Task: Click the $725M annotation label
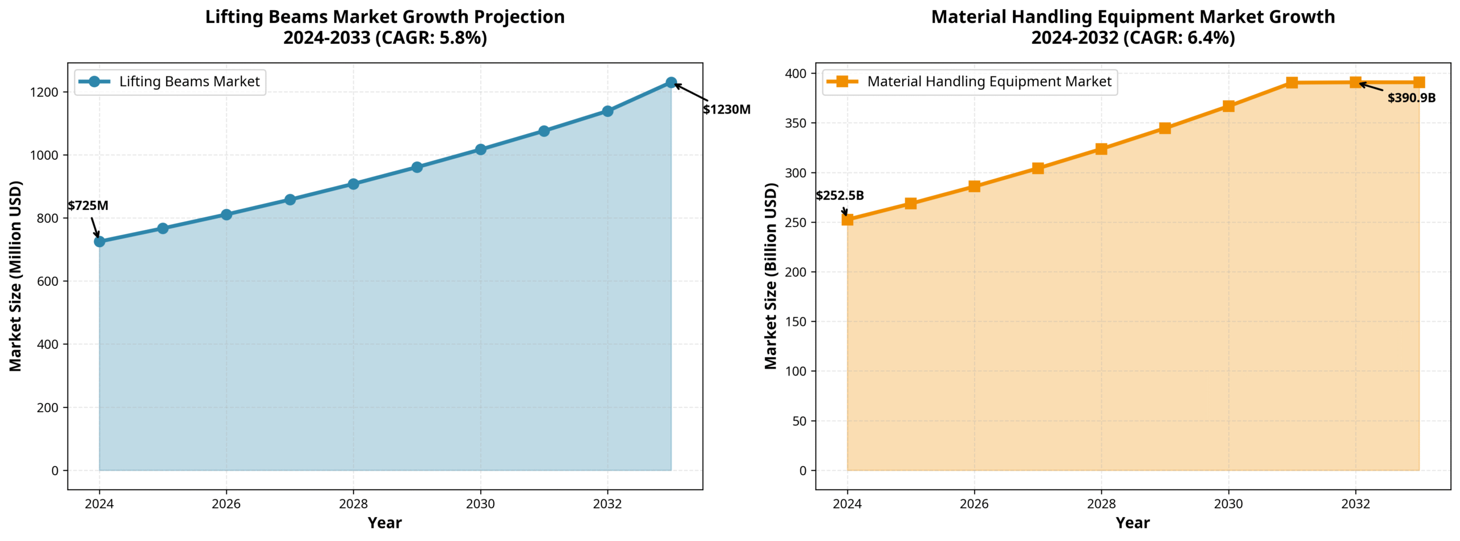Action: coord(88,205)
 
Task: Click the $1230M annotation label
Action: coord(726,110)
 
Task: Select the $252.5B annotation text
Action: coord(839,196)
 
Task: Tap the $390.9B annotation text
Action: coord(1411,98)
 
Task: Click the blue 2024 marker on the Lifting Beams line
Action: coord(99,241)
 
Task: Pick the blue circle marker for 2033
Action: coord(671,83)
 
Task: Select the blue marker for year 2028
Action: coord(353,184)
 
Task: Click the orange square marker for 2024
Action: coord(847,220)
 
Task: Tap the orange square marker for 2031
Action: coord(1292,83)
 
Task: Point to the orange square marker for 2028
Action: coord(1101,149)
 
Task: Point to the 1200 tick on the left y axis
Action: coord(44,92)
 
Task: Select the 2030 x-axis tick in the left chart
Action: coord(480,504)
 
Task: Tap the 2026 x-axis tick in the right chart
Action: coord(974,504)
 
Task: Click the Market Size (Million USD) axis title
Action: coord(15,276)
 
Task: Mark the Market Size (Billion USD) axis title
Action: coord(770,276)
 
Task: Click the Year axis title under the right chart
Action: coord(1133,523)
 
